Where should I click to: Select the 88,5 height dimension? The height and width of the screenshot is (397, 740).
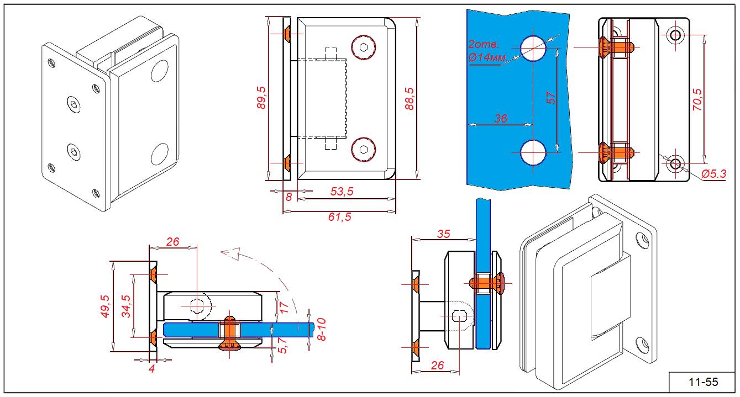click(410, 98)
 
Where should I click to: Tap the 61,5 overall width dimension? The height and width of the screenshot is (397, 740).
click(339, 216)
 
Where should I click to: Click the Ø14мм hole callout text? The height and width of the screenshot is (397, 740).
click(486, 58)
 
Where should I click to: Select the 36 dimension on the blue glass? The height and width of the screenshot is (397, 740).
click(500, 119)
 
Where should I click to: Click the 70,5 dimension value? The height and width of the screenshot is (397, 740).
click(697, 100)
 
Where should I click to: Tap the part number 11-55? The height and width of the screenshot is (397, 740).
click(703, 382)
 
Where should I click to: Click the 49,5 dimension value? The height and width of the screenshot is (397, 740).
click(106, 306)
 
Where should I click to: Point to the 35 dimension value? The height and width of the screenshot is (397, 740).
click(443, 234)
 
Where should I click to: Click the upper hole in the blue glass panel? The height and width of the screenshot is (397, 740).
click(533, 48)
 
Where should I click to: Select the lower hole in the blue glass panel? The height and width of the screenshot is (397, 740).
click(533, 152)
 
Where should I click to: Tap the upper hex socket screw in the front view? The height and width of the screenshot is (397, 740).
click(363, 46)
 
